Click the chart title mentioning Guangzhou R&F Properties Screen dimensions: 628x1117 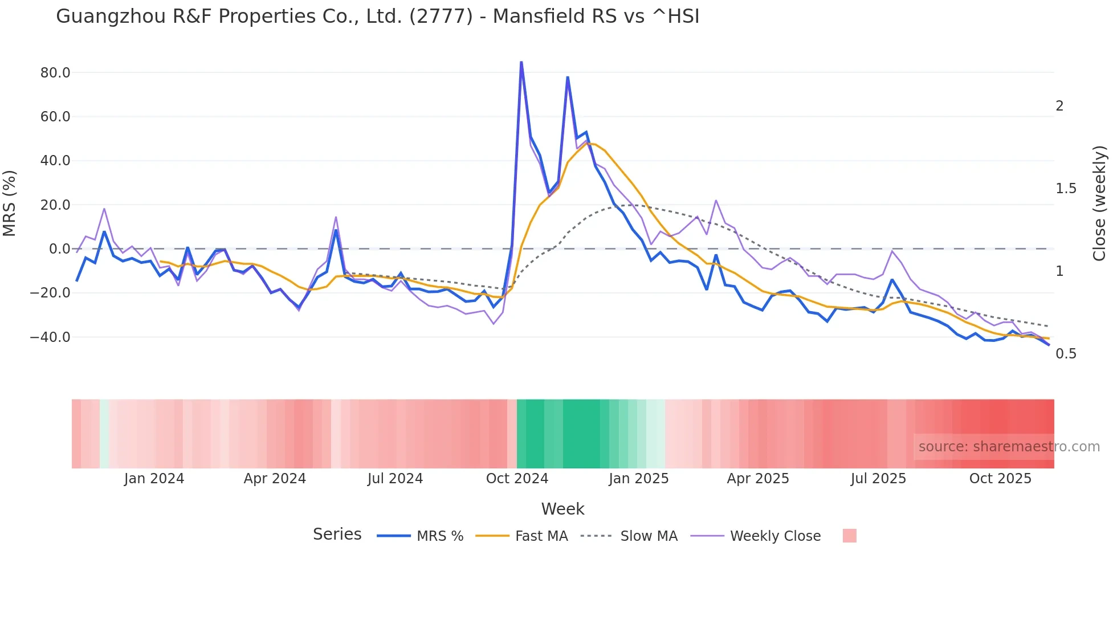click(377, 16)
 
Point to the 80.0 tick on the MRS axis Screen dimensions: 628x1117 click(55, 73)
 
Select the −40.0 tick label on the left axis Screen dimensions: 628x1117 click(50, 337)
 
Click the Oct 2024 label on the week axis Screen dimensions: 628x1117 click(517, 479)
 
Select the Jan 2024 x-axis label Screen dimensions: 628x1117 click(154, 479)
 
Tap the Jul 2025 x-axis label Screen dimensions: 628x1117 click(878, 479)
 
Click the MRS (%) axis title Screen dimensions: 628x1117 click(10, 203)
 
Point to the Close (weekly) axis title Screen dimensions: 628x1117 click(1099, 203)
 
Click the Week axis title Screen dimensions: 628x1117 click(562, 509)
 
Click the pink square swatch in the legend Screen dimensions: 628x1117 click(849, 536)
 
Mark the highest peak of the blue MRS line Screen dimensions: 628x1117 click(521, 62)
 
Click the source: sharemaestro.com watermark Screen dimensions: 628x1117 click(1009, 447)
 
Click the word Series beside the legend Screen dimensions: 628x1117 click(337, 535)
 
